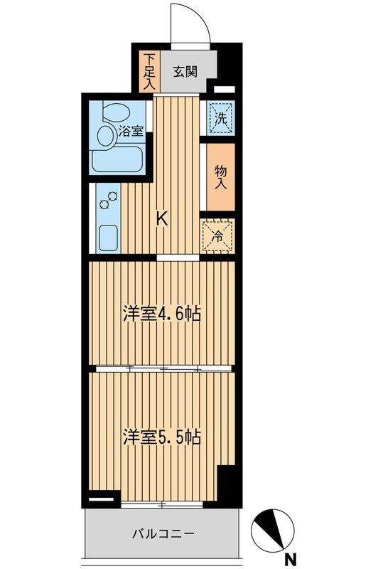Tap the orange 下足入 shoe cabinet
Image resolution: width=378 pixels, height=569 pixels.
click(x=148, y=70)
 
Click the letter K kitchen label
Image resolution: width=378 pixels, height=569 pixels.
click(x=162, y=218)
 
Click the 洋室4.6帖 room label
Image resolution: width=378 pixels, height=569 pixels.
click(x=161, y=314)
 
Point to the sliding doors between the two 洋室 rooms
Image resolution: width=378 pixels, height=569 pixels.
click(x=163, y=368)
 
